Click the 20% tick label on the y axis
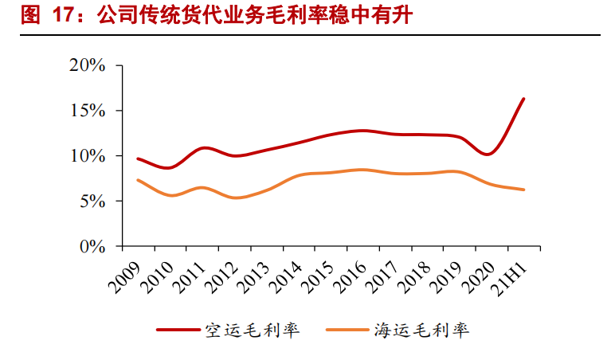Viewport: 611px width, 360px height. click(87, 65)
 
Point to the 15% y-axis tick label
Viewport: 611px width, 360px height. click(87, 111)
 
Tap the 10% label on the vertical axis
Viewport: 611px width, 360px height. click(87, 156)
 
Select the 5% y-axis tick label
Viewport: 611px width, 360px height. click(92, 202)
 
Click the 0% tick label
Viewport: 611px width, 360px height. click(92, 247)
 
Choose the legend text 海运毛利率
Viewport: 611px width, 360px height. click(421, 330)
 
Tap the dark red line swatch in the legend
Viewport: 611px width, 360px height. click(177, 330)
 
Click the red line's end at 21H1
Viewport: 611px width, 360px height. click(523, 99)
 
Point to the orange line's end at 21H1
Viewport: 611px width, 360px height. click(523, 190)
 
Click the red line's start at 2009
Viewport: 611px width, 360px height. click(138, 158)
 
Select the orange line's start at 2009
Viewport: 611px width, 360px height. click(138, 180)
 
